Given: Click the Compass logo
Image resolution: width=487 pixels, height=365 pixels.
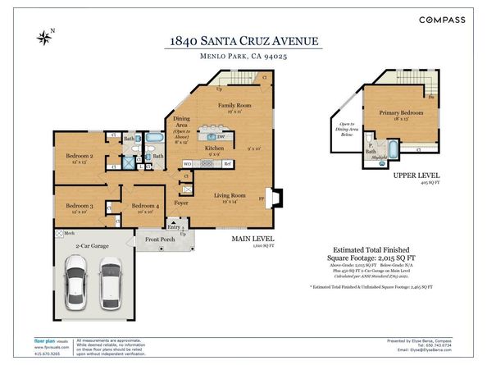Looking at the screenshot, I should pyautogui.click(x=442, y=19).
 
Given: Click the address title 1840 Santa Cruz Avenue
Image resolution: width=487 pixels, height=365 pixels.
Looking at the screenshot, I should pyautogui.click(x=243, y=40).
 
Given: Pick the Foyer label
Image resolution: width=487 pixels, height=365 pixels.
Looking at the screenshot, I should pyautogui.click(x=181, y=201).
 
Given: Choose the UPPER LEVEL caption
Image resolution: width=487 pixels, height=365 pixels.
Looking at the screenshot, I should pyautogui.click(x=417, y=175).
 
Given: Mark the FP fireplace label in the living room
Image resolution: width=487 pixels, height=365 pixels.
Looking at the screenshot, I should pyautogui.click(x=262, y=198).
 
